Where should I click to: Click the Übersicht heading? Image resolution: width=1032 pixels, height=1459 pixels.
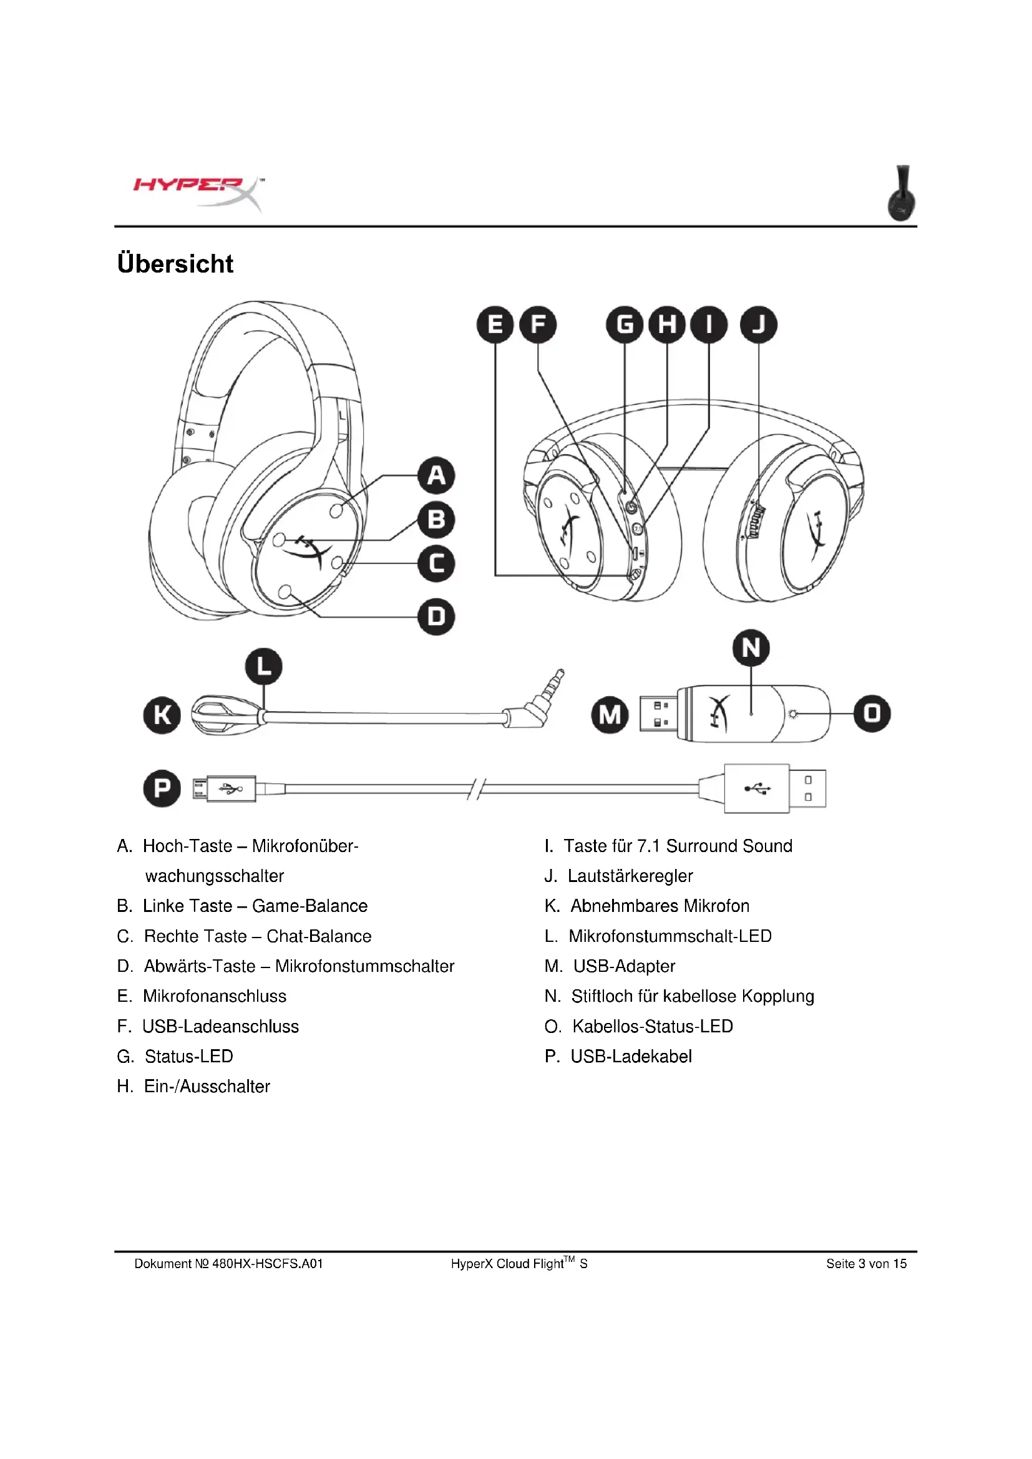click(175, 264)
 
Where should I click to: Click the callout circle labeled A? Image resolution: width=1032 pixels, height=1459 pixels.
click(437, 475)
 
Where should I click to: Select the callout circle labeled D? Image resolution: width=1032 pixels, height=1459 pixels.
click(437, 616)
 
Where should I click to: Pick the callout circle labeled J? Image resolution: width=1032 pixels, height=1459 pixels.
click(758, 325)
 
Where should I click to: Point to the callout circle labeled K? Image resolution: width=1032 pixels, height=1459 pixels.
click(162, 715)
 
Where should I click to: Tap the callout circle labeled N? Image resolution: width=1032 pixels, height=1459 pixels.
click(751, 648)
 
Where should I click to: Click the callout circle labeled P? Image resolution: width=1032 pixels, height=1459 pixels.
click(162, 788)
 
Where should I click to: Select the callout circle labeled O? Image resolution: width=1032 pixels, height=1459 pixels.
click(872, 714)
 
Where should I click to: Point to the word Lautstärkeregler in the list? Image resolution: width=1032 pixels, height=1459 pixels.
click(630, 876)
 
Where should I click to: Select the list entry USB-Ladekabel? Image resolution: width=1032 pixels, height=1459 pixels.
click(631, 1056)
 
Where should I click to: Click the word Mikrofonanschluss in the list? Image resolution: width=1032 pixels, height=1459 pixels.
click(215, 996)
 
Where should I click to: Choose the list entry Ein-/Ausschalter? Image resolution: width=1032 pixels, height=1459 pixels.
click(207, 1086)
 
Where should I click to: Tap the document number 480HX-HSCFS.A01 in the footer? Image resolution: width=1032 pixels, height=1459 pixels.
click(268, 1263)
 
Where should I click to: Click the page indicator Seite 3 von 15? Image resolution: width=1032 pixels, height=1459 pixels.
click(866, 1263)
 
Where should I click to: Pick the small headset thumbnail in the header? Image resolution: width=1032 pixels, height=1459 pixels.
click(902, 193)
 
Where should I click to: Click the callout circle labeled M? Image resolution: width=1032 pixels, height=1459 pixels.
click(610, 715)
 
